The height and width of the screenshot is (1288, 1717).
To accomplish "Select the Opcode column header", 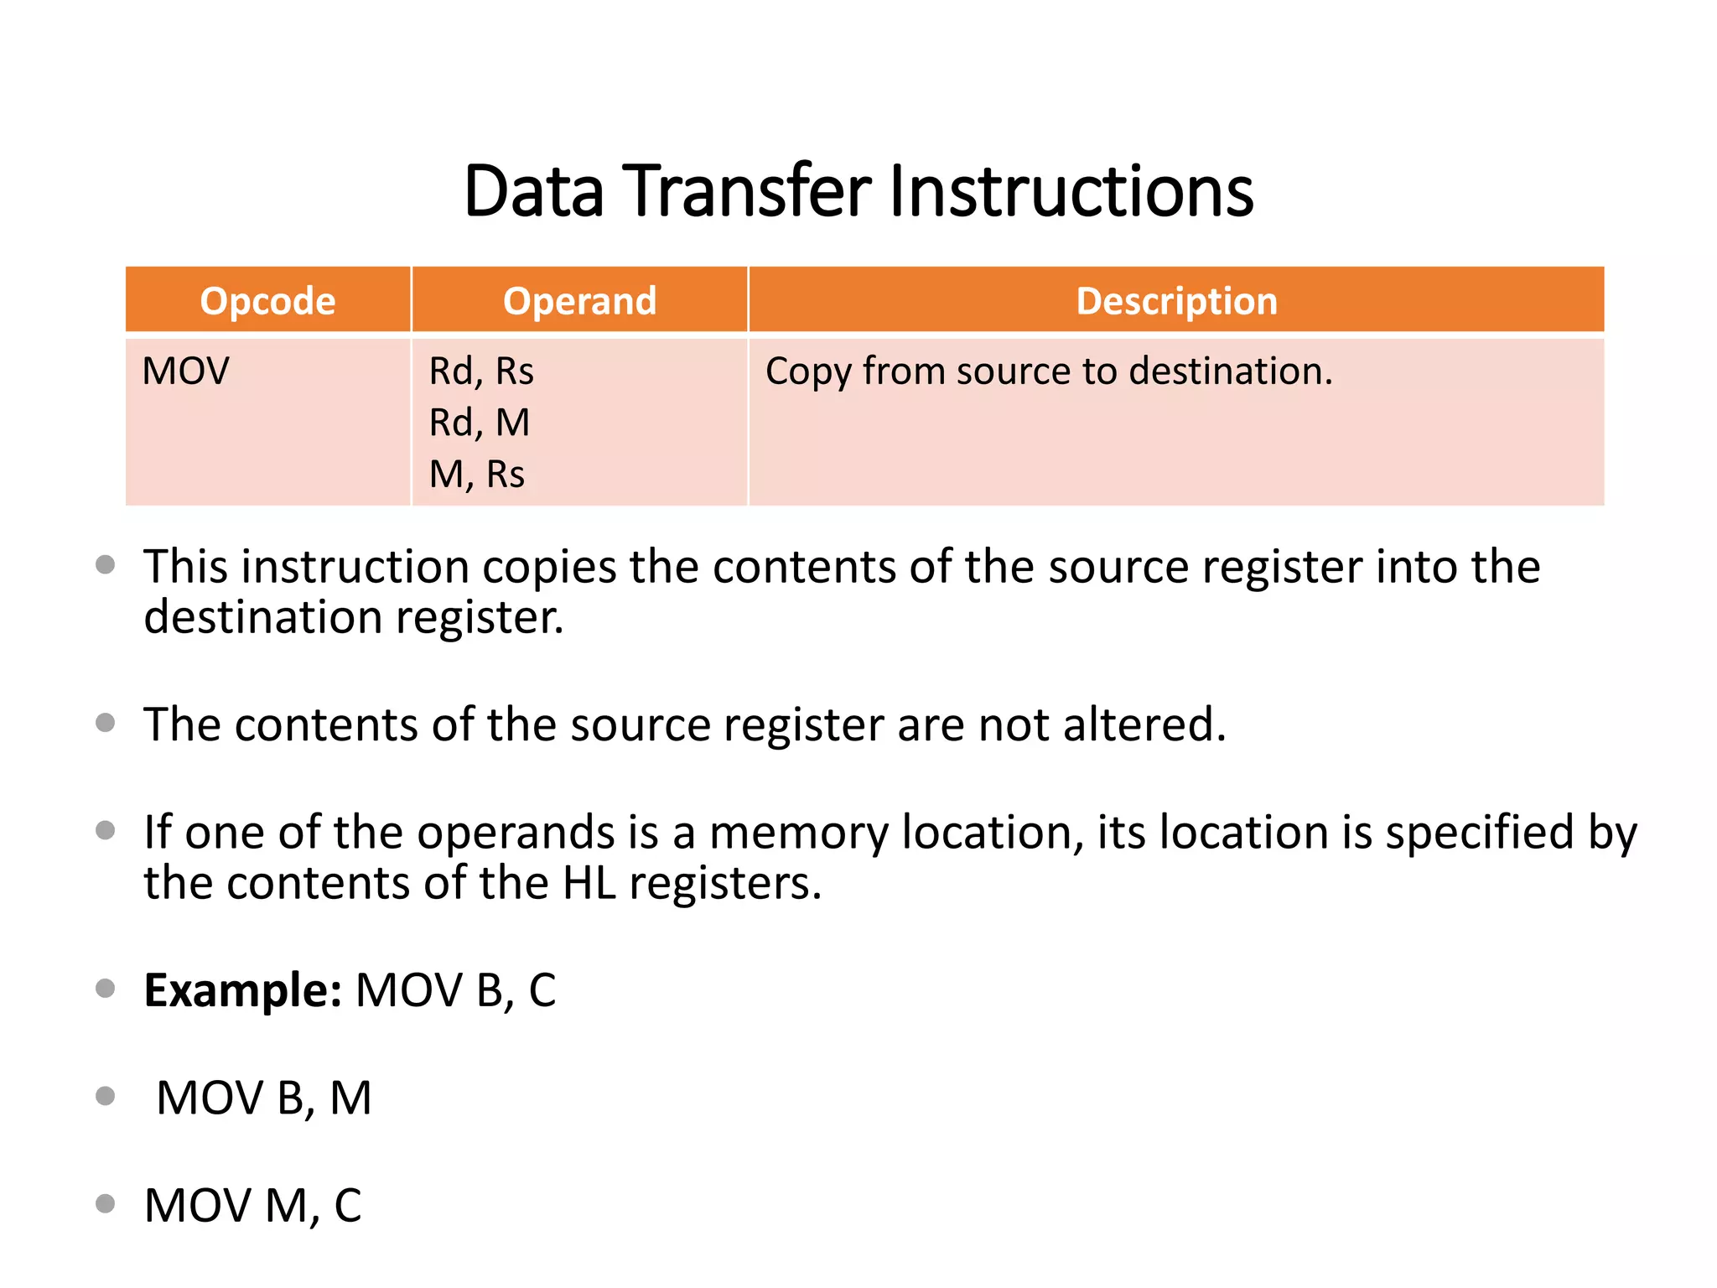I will pyautogui.click(x=267, y=301).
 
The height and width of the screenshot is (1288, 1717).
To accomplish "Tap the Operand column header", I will pyautogui.click(x=579, y=301).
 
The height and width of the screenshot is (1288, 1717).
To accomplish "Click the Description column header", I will pyautogui.click(x=1176, y=301).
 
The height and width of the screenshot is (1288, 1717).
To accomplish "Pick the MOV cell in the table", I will pyautogui.click(x=185, y=371).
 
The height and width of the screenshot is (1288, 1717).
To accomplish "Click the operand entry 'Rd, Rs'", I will pyautogui.click(x=481, y=371).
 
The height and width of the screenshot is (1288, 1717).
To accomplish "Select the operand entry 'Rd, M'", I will pyautogui.click(x=480, y=423).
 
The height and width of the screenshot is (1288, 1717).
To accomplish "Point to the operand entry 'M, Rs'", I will pyautogui.click(x=477, y=475).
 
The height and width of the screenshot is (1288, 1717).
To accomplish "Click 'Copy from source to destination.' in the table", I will pyautogui.click(x=1049, y=371).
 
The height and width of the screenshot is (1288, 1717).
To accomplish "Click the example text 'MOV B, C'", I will pyautogui.click(x=455, y=990).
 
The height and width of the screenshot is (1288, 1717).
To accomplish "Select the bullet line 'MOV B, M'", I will pyautogui.click(x=264, y=1098).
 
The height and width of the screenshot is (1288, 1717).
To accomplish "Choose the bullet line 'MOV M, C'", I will pyautogui.click(x=252, y=1206).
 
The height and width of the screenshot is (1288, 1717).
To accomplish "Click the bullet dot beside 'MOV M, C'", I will pyautogui.click(x=106, y=1204).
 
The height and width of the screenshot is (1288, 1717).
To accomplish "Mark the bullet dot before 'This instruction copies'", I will pyautogui.click(x=106, y=565).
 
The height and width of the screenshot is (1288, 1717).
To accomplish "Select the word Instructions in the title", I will pyautogui.click(x=1071, y=191).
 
